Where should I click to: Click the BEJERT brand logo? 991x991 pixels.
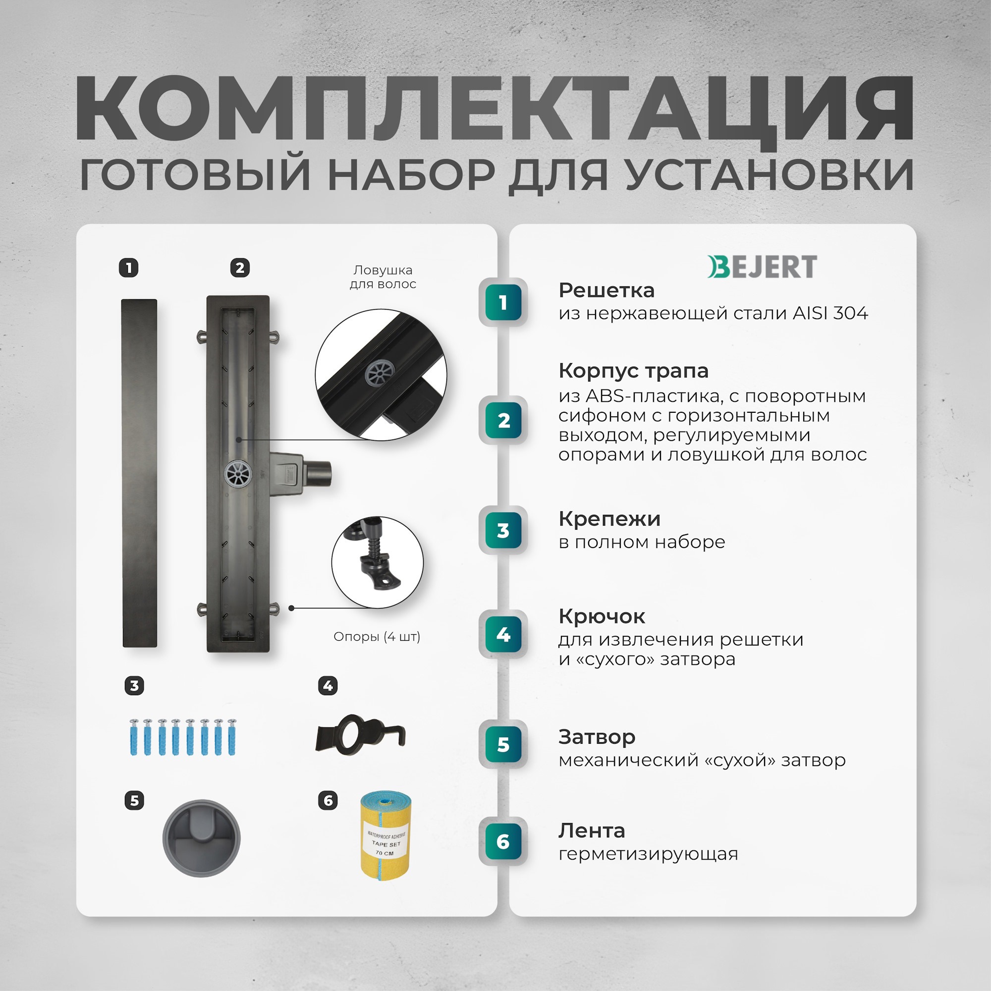click(762, 267)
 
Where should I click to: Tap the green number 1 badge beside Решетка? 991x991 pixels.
click(503, 303)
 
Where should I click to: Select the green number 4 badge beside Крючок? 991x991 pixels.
click(503, 635)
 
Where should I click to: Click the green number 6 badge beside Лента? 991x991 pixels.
click(503, 842)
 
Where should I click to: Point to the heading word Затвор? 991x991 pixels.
click(597, 737)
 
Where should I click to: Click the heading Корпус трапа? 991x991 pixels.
click(633, 371)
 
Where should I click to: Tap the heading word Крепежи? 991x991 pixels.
click(609, 519)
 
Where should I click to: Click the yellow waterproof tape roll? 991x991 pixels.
click(385, 835)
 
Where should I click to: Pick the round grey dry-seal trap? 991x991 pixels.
click(201, 838)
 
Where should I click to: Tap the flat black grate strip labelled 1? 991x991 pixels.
click(140, 472)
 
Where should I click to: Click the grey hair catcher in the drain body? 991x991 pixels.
click(238, 474)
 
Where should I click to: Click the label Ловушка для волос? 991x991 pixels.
click(383, 277)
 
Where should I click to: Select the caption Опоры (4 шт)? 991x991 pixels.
click(377, 637)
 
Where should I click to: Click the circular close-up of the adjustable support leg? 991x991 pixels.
click(378, 562)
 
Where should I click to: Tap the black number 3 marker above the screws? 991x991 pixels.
click(134, 686)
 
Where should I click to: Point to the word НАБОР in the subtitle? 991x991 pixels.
click(411, 175)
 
